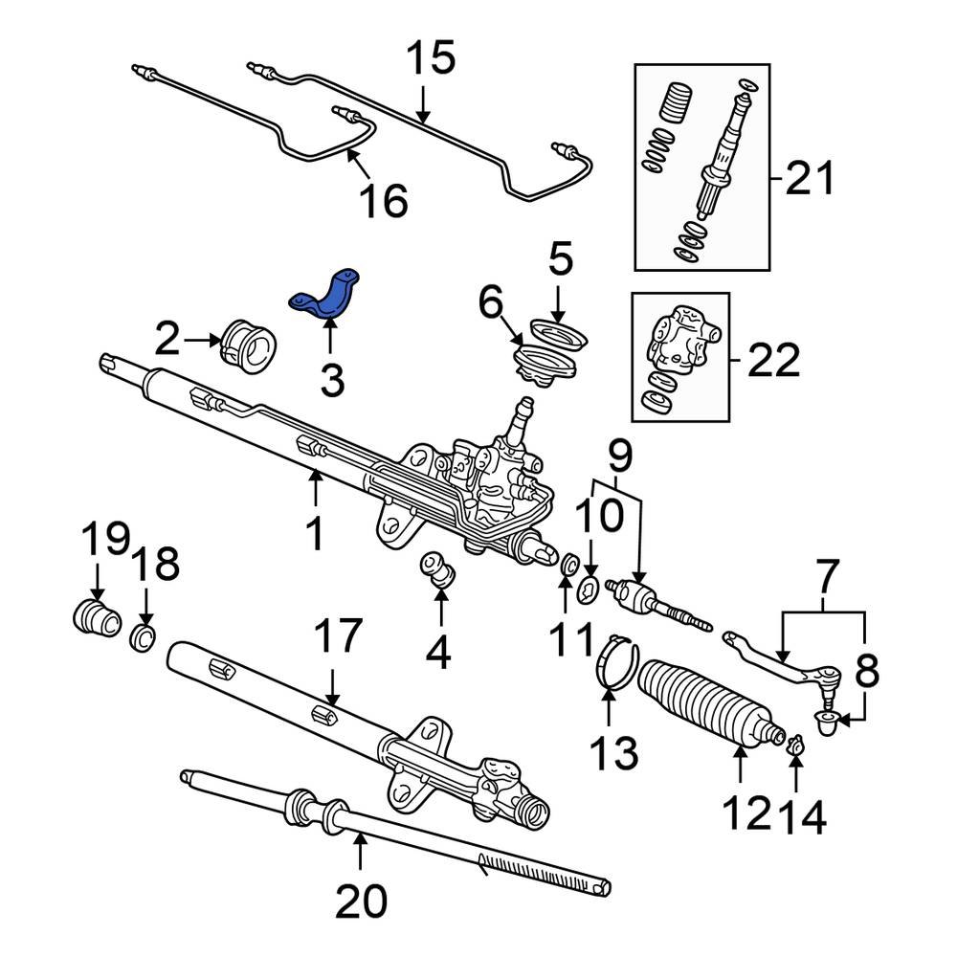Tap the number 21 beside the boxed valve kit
[809, 179]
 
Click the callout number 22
[772, 361]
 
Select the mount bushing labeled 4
[439, 569]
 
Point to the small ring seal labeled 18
[144, 636]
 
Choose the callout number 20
[361, 900]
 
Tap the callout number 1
[315, 535]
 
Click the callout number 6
[491, 305]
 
